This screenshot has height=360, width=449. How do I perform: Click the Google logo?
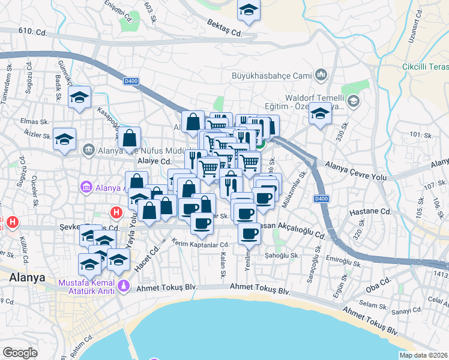(x=20, y=353)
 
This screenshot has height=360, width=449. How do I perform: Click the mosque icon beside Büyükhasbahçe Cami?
(x=321, y=75)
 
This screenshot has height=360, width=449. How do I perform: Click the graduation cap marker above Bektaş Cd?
(x=248, y=10)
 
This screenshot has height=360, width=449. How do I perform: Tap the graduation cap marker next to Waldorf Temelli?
(x=321, y=113)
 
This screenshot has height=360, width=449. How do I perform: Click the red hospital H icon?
(x=116, y=212)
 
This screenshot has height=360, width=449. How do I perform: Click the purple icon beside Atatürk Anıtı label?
(x=124, y=287)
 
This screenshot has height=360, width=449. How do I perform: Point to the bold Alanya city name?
(x=27, y=278)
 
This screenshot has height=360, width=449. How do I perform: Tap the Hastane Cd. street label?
(x=375, y=212)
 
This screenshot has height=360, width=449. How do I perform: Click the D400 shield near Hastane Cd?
(x=321, y=199)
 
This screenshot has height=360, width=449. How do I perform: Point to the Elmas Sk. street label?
(x=29, y=121)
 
